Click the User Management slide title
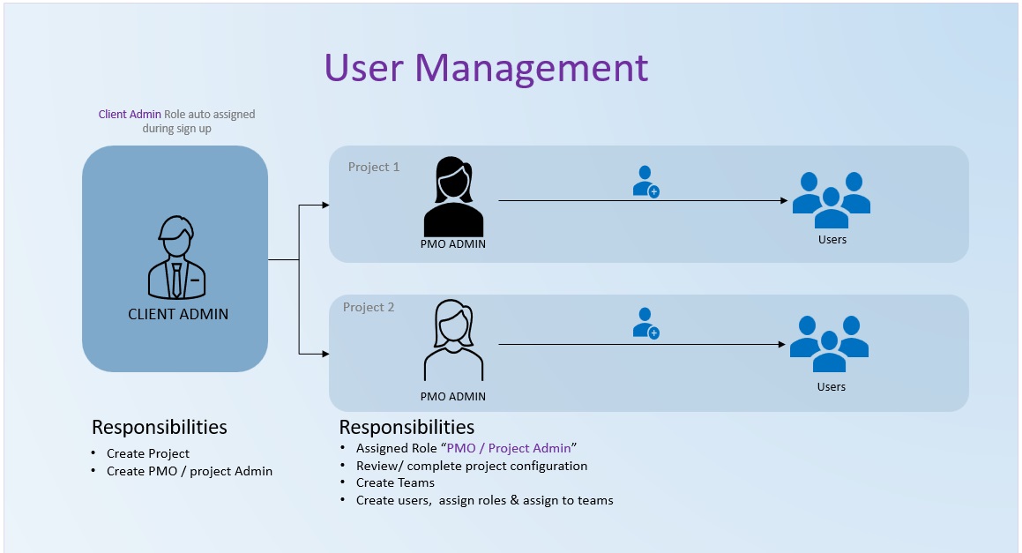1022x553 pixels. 486,68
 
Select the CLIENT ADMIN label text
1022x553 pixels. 178,314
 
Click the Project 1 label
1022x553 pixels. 374,167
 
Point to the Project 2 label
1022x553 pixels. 369,307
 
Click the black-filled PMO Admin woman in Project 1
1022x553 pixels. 453,197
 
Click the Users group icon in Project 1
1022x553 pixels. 831,199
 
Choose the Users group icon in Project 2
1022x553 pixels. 829,343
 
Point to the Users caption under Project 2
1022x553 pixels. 831,386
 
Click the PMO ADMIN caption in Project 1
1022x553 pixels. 453,244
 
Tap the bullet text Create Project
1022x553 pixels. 148,453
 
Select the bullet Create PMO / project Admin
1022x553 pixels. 190,471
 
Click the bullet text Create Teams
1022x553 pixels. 395,482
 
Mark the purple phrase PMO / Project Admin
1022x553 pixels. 509,448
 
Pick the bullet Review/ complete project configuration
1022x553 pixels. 472,466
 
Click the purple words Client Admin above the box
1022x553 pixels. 130,115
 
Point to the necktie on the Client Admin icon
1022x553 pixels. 177,280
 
